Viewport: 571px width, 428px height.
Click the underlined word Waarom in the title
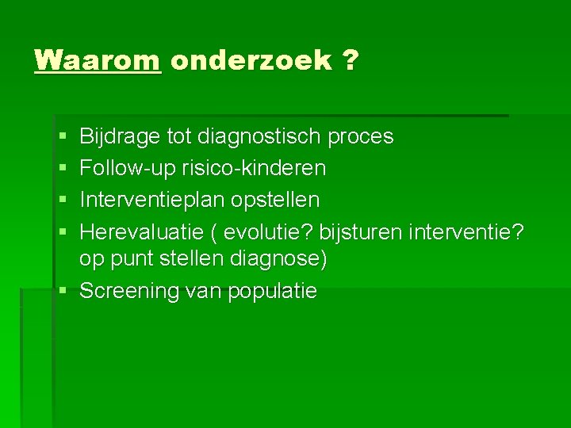[x=98, y=60]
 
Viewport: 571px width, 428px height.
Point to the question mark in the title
[x=351, y=60]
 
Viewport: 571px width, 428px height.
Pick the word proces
[x=361, y=137]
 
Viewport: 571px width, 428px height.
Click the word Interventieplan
[x=153, y=199]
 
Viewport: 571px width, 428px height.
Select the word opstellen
[x=275, y=199]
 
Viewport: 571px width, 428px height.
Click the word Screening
[x=129, y=291]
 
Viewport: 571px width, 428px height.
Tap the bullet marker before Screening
[x=62, y=292]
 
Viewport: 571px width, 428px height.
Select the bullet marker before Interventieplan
[x=62, y=200]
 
